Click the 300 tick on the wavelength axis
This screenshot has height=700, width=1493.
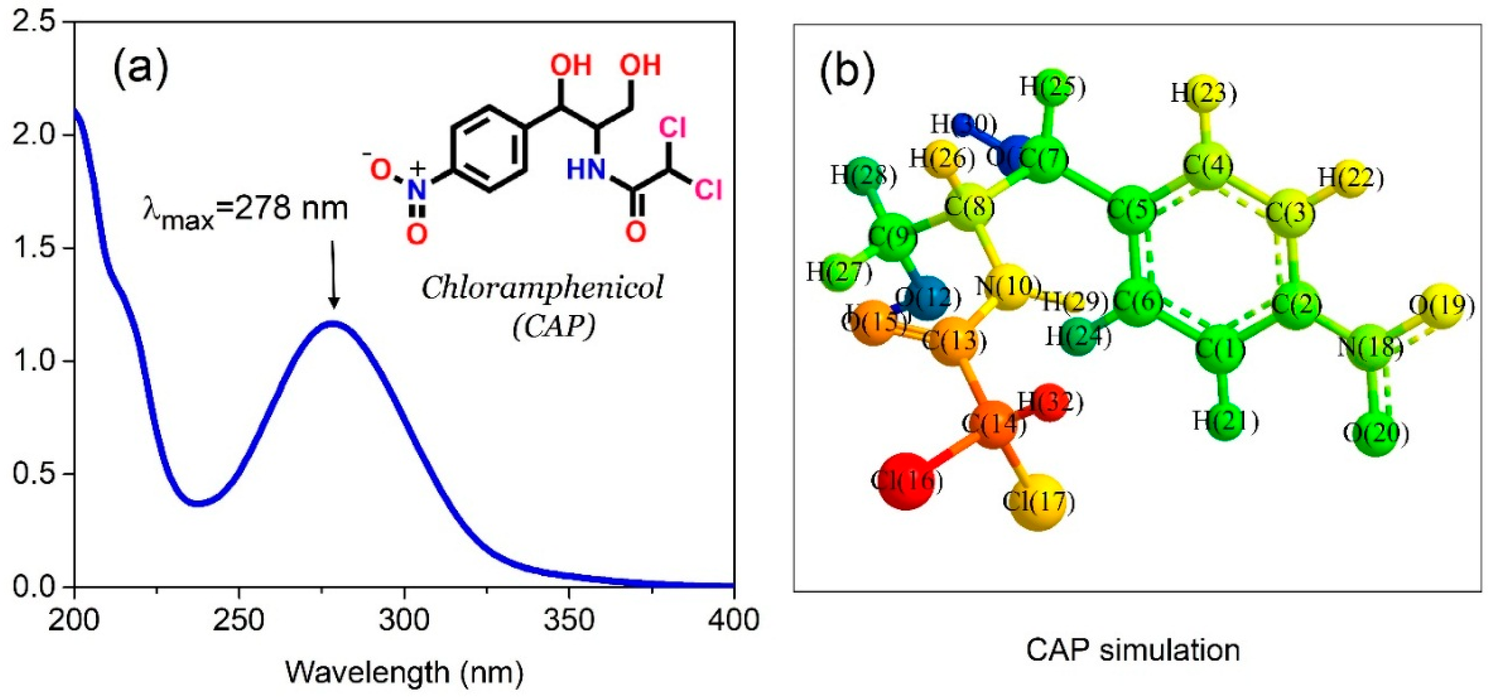pyautogui.click(x=404, y=620)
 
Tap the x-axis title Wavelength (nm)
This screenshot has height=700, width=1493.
pyautogui.click(x=404, y=673)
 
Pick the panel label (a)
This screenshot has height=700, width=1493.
pyautogui.click(x=141, y=68)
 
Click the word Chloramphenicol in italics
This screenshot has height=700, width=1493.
pyautogui.click(x=542, y=288)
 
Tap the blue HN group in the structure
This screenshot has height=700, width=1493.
pyautogui.click(x=586, y=170)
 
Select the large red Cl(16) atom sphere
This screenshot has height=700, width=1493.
pyautogui.click(x=906, y=480)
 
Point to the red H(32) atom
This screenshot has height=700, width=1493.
pyautogui.click(x=1050, y=402)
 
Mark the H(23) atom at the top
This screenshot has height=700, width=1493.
pyautogui.click(x=1204, y=93)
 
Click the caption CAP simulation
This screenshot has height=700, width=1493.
pyautogui.click(x=1133, y=650)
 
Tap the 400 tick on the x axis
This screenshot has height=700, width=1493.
pyautogui.click(x=733, y=620)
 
